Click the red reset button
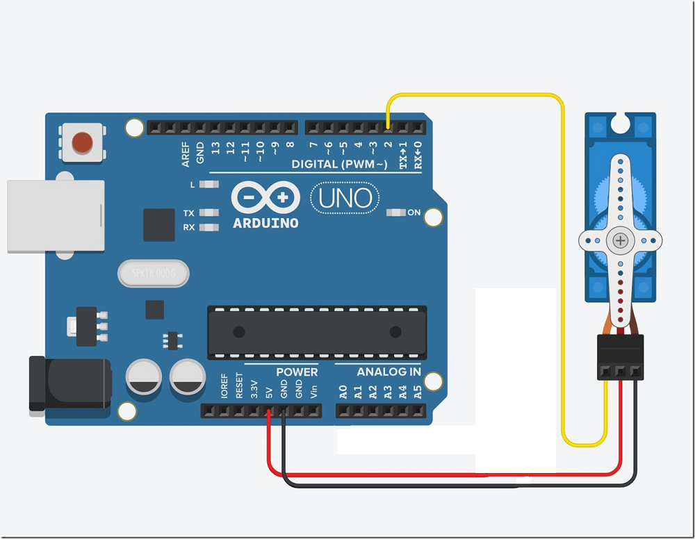83,142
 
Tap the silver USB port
56,216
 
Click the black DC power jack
69,385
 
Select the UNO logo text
345,199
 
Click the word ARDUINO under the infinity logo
265,224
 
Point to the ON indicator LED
395,213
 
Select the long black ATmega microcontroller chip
317,332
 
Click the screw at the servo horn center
620,241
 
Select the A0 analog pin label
343,392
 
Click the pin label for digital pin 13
216,147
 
